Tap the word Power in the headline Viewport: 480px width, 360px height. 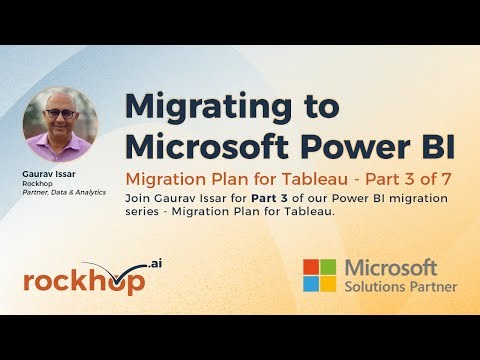click(354, 146)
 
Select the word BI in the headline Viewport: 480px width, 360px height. click(431, 146)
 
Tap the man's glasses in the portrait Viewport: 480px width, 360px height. click(61, 113)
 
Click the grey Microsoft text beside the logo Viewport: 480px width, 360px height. click(391, 267)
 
